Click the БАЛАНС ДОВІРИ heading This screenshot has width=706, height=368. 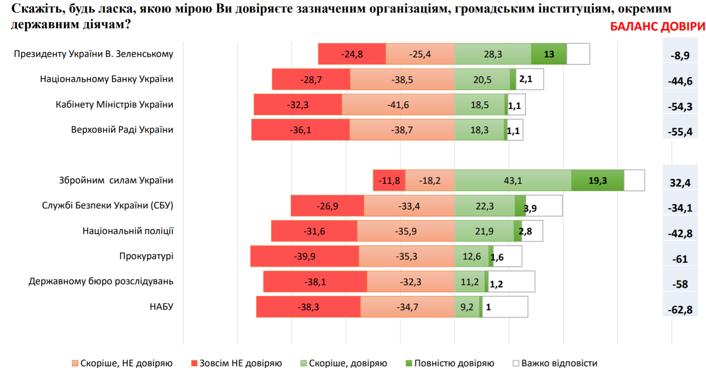pyautogui.click(x=657, y=27)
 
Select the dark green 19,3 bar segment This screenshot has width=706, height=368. pyautogui.click(x=597, y=181)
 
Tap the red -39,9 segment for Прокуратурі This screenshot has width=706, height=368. pyautogui.click(x=304, y=256)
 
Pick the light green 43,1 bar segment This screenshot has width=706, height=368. pyautogui.click(x=513, y=181)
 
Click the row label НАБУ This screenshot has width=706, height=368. pyautogui.click(x=161, y=307)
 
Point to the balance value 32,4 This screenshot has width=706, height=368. pyautogui.click(x=680, y=183)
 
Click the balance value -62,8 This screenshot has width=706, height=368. pyautogui.click(x=680, y=310)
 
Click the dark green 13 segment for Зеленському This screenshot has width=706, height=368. pyautogui.click(x=549, y=54)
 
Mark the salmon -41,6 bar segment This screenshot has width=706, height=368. pyautogui.click(x=398, y=105)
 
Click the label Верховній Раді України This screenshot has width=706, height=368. pyautogui.click(x=122, y=130)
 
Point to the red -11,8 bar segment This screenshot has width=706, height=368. pyautogui.click(x=389, y=181)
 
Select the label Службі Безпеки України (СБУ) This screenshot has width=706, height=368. pyautogui.click(x=107, y=206)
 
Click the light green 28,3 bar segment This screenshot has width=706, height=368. pyautogui.click(x=492, y=54)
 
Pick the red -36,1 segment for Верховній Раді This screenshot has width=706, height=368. pyautogui.click(x=300, y=130)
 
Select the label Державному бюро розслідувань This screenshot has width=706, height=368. pyautogui.click(x=101, y=281)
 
